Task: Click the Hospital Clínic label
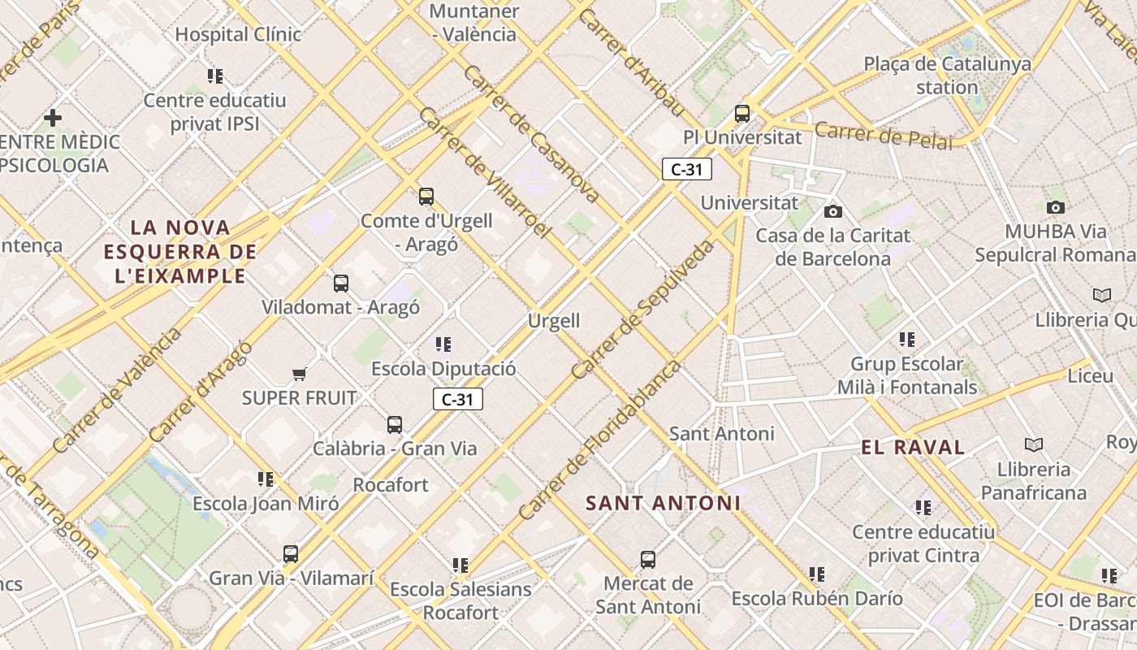point(238,34)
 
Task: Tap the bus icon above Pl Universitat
point(742,114)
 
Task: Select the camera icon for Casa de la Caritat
point(833,211)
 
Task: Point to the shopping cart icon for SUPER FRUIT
point(299,375)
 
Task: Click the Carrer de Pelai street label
point(883,135)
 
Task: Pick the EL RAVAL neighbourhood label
point(913,447)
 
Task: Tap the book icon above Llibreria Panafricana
point(1033,444)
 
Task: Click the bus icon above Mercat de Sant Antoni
point(647,559)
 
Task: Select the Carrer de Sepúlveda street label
point(643,310)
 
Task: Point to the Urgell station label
point(554,321)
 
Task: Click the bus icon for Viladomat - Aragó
point(341,284)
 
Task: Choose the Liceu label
point(1090,376)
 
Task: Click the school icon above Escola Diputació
point(443,344)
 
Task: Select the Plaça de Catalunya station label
point(947,75)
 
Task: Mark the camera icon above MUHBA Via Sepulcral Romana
point(1056,207)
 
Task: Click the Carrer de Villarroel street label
point(485,173)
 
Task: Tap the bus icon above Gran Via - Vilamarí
point(291,554)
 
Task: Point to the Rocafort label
point(391,485)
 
